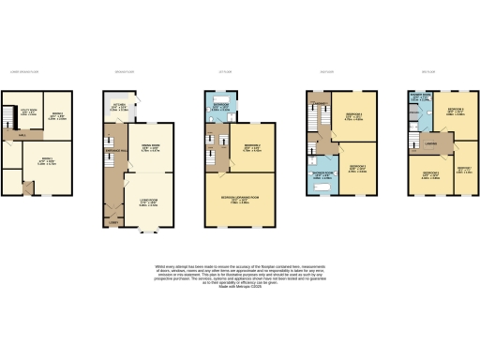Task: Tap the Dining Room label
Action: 150,147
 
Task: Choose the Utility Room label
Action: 27,112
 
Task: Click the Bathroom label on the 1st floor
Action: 221,107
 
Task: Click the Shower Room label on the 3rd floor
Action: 418,95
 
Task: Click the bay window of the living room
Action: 150,232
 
